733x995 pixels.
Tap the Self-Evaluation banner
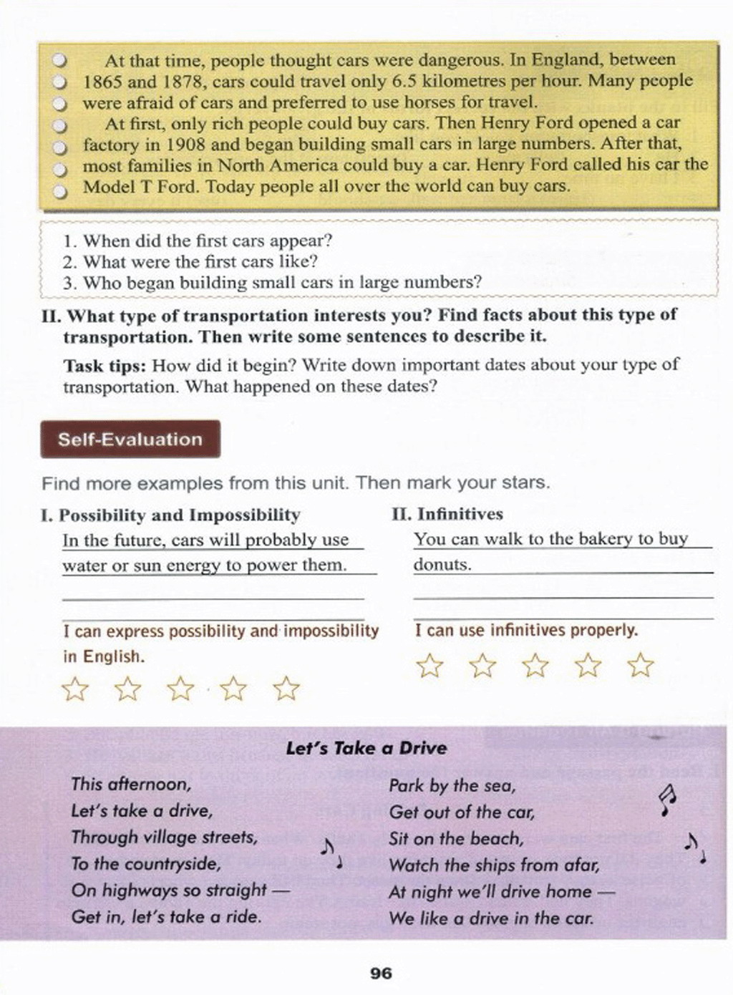click(x=130, y=440)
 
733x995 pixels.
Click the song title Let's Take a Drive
click(x=366, y=749)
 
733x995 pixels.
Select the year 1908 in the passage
click(x=185, y=145)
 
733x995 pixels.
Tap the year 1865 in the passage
click(x=103, y=82)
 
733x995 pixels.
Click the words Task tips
click(x=105, y=366)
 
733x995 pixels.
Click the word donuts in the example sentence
click(x=442, y=565)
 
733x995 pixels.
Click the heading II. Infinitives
click(x=447, y=514)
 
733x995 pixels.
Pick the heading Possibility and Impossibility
click(x=179, y=515)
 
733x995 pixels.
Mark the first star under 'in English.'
click(x=75, y=689)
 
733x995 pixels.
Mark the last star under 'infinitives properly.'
click(x=641, y=666)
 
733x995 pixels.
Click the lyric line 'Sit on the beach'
click(x=456, y=839)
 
